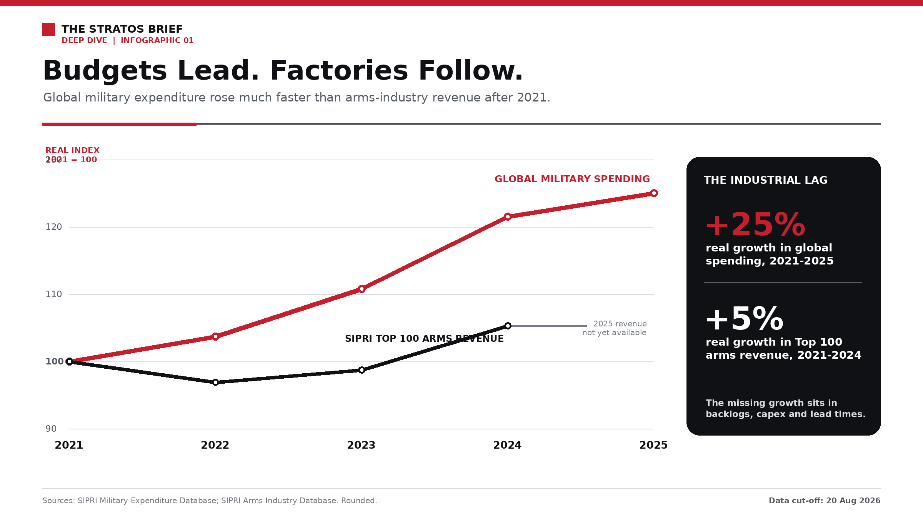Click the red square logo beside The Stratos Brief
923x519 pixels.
tap(48, 29)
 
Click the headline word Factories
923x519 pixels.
tap(339, 71)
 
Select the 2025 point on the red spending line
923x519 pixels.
tap(654, 193)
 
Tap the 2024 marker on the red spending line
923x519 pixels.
tap(508, 216)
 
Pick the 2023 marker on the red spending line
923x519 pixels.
tap(362, 289)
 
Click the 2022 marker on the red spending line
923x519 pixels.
tap(215, 336)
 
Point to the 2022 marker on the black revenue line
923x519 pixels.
tap(215, 382)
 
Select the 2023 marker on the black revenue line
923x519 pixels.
tap(362, 370)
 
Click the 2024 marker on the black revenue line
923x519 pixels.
tap(508, 326)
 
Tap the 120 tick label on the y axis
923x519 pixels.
tap(54, 227)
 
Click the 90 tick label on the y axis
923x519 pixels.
tap(51, 429)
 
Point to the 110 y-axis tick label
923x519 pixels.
tap(54, 294)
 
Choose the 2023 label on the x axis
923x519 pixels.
tap(361, 445)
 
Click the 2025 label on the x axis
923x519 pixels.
tap(653, 445)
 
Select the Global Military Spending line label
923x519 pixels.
tap(572, 179)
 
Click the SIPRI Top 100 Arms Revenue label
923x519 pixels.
tap(424, 339)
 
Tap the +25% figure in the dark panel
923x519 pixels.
tap(755, 225)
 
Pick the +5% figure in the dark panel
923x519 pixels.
tap(745, 319)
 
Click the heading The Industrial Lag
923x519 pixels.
tap(765, 180)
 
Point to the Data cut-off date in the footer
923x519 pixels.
tap(825, 501)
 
